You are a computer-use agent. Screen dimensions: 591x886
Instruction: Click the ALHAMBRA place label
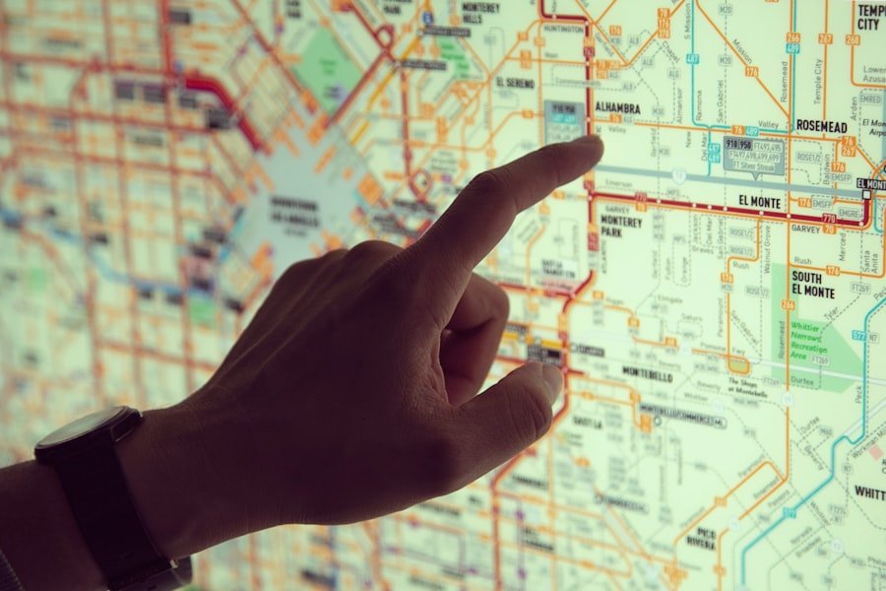617,108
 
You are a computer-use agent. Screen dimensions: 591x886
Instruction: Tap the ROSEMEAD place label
822,126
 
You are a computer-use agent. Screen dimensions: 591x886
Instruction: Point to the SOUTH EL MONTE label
813,285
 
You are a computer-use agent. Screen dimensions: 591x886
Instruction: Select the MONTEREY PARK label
620,227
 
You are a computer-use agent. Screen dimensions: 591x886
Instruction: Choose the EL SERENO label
515,84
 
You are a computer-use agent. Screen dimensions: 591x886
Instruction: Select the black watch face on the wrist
85,427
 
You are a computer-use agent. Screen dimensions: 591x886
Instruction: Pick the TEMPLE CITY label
870,16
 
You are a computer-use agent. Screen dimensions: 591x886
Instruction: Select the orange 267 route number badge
825,39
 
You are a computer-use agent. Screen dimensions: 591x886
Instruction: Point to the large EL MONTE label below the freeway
759,201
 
